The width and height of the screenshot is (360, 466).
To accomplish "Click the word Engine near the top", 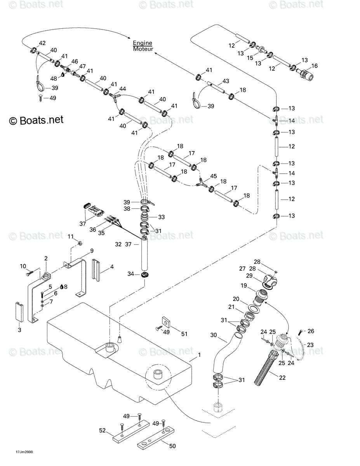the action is pyautogui.click(x=143, y=43).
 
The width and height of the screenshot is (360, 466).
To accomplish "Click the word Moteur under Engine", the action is pyautogui.click(x=143, y=49).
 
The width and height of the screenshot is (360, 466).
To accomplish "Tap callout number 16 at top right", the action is pyautogui.click(x=314, y=66).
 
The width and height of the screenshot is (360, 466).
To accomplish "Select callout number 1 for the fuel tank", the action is pyautogui.click(x=199, y=355).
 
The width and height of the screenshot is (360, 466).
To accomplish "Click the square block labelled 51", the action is pyautogui.click(x=166, y=322).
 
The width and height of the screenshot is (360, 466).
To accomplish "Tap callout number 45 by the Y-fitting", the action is pyautogui.click(x=213, y=176).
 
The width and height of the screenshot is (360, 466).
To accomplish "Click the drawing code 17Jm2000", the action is pyautogui.click(x=24, y=452).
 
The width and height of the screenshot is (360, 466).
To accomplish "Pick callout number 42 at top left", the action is pyautogui.click(x=42, y=43).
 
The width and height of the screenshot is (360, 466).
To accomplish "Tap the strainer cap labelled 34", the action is pyautogui.click(x=145, y=274).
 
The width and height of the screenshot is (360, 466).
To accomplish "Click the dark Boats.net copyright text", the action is pyautogui.click(x=36, y=120).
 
